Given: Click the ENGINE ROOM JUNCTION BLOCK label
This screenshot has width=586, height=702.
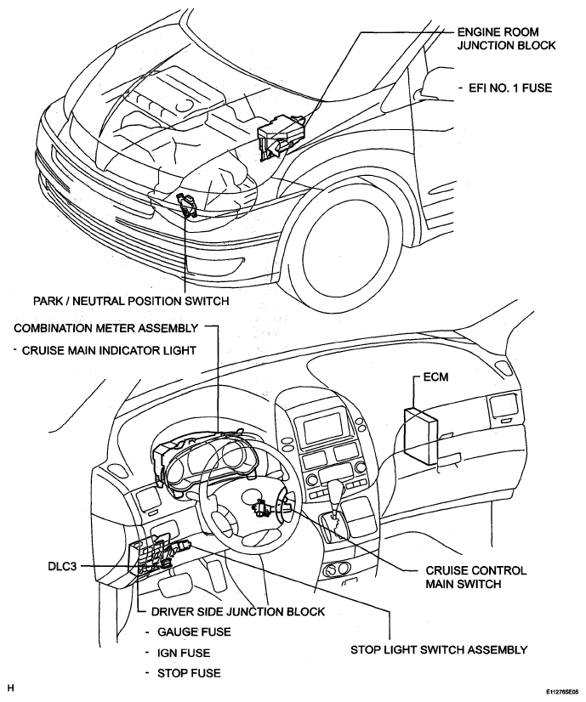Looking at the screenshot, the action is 506,38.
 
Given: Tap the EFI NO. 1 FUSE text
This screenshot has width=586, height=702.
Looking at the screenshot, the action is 510,88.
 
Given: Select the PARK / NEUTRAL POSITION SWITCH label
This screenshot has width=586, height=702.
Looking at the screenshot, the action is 131,301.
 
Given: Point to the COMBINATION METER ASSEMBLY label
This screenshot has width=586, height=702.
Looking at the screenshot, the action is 105,328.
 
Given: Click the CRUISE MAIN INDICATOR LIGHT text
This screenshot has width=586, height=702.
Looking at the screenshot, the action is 109,350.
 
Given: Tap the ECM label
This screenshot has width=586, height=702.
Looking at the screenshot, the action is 435,377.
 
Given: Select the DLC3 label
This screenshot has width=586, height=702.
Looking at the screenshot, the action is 62,566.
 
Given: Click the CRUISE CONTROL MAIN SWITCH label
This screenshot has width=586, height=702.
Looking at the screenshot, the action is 475,577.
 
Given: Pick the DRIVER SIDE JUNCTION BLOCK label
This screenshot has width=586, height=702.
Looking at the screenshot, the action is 238,612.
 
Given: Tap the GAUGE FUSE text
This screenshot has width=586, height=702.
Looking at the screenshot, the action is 194,632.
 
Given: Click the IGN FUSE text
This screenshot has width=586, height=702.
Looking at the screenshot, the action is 184,654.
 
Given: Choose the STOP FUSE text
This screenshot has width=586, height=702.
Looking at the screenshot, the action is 189,673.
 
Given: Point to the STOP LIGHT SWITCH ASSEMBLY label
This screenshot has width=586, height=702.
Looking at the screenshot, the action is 439,649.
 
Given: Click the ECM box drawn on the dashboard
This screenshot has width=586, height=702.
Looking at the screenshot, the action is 419,431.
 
